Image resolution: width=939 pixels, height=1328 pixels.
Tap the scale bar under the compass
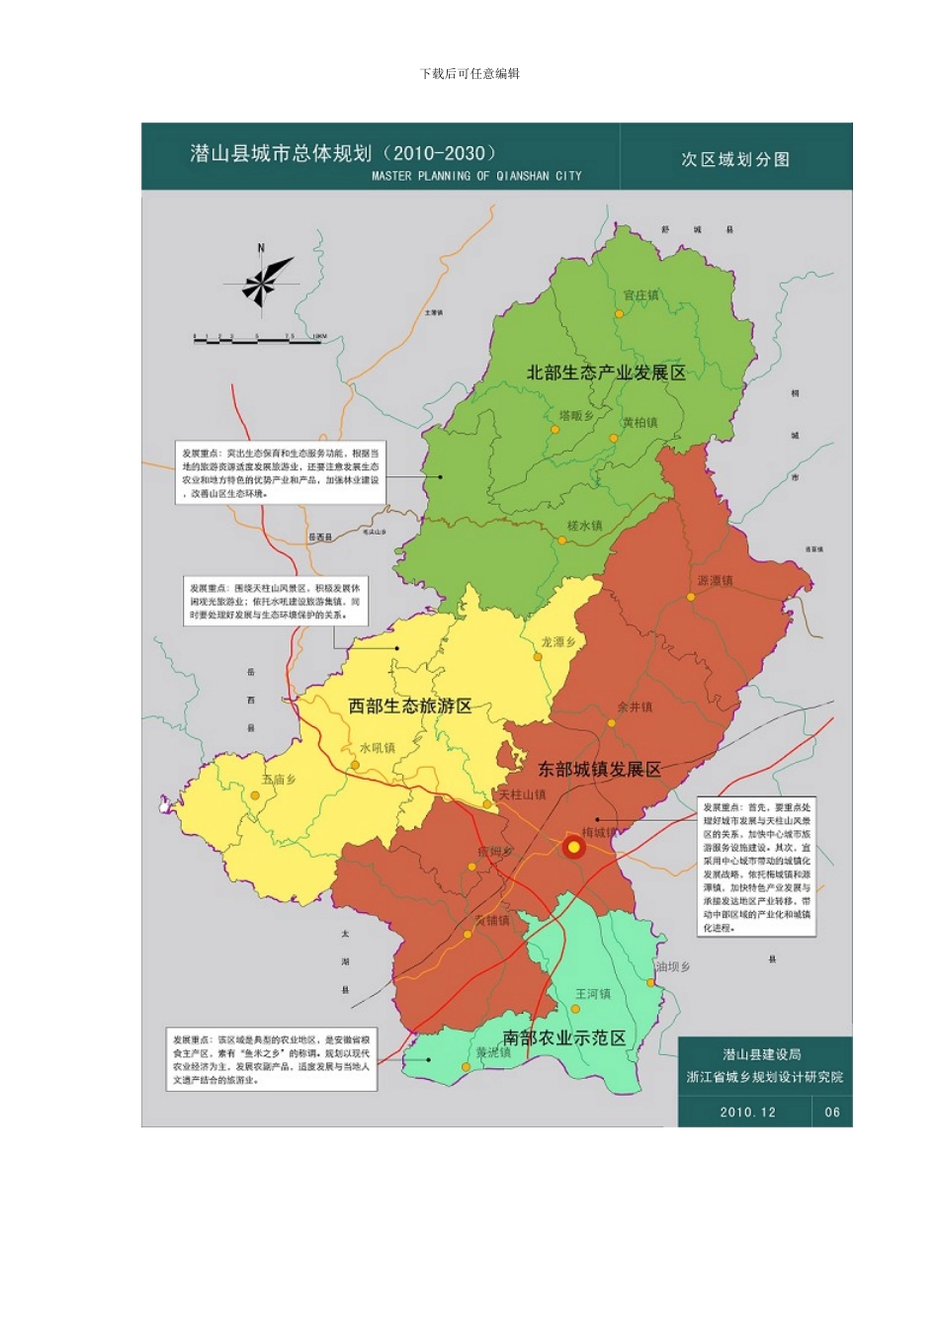pos(259,340)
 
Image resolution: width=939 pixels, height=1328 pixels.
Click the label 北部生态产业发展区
pos(605,373)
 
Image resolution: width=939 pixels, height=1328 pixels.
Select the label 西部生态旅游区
pos(409,705)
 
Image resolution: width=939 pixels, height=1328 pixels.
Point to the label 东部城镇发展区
pos(599,769)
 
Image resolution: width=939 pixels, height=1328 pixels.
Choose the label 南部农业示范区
pos(563,1037)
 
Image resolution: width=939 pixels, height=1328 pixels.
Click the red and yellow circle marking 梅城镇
pos(573,847)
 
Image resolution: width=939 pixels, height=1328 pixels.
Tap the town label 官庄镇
pos(640,295)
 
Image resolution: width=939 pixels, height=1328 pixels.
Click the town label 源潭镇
pos(715,581)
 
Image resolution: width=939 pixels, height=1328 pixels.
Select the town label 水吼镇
pos(377,748)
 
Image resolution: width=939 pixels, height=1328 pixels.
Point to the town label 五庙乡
pos(278,780)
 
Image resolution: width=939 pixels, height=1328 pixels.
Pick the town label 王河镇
pos(593,994)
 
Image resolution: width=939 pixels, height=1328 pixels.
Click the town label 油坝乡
pos(673,966)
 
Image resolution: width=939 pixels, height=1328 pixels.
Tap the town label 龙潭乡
pos(557,642)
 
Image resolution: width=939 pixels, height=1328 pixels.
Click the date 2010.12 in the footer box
pos(747,1112)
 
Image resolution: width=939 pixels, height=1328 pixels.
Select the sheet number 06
pos(832,1112)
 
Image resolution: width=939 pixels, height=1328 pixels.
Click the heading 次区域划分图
pos(735,159)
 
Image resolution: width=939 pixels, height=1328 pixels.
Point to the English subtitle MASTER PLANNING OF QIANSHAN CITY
pos(476,176)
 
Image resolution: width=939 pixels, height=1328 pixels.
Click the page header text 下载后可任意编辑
pos(469,73)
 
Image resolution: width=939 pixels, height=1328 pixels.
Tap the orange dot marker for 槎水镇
pos(561,540)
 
